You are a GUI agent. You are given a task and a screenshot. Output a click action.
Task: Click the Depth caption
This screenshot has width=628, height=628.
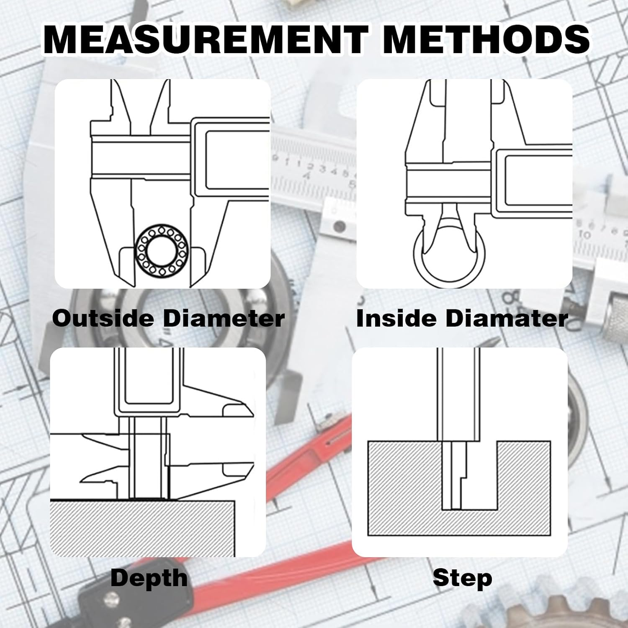(149, 579)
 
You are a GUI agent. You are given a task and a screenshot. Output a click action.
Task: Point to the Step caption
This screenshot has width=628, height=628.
(462, 579)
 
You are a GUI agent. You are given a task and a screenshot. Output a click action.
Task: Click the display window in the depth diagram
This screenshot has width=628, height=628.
(149, 377)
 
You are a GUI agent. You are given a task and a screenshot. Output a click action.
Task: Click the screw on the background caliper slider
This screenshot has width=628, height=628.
(340, 226)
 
